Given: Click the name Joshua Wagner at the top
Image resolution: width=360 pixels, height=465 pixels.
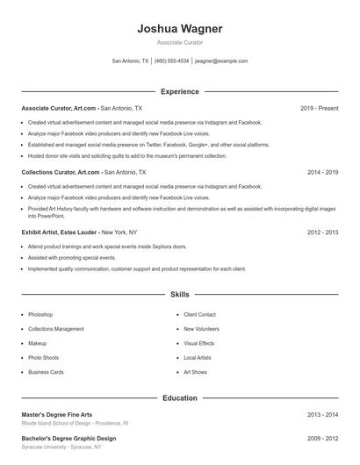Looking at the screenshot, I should point(180,29).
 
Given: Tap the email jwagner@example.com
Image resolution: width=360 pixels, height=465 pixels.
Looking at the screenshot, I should point(221,61).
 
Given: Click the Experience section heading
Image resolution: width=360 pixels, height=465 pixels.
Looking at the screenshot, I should point(180,91).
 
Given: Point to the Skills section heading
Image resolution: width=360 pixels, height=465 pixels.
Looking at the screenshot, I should point(180,296).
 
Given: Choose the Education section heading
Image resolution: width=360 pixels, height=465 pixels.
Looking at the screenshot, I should point(180,398).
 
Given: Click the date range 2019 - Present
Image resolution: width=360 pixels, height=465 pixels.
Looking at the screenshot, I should point(319,108).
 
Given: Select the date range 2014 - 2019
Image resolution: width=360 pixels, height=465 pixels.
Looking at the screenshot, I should point(322,173).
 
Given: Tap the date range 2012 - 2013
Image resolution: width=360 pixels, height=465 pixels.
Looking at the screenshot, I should point(322,232).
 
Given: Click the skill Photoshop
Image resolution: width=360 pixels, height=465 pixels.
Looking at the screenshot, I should point(40,314).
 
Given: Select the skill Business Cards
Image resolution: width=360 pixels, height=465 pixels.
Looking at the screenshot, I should point(46,372).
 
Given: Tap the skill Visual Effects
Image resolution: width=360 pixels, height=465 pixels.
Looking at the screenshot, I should point(199,343).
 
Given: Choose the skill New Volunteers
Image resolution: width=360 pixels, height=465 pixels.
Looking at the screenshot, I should point(201,329).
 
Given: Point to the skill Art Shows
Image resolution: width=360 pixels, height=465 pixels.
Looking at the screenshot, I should point(195,372).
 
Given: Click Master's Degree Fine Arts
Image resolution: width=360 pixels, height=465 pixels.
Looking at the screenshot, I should point(57,414).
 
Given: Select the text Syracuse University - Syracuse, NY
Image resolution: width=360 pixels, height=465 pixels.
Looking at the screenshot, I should point(61,447).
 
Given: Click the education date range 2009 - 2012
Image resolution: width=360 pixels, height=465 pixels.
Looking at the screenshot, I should point(322,438).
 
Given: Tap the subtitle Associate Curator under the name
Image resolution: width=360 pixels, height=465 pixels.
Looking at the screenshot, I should point(180,42).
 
